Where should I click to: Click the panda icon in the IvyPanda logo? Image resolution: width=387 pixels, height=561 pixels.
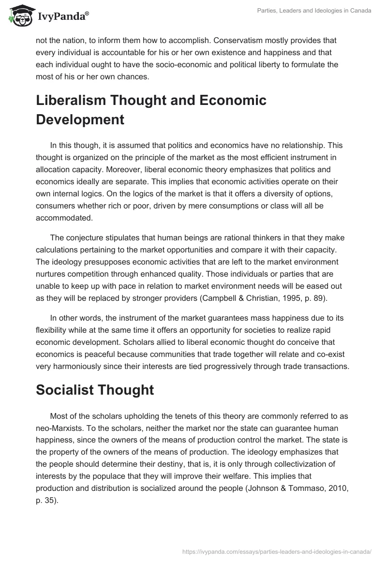click(19, 16)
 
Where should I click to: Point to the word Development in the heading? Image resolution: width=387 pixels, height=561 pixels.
click(80, 119)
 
